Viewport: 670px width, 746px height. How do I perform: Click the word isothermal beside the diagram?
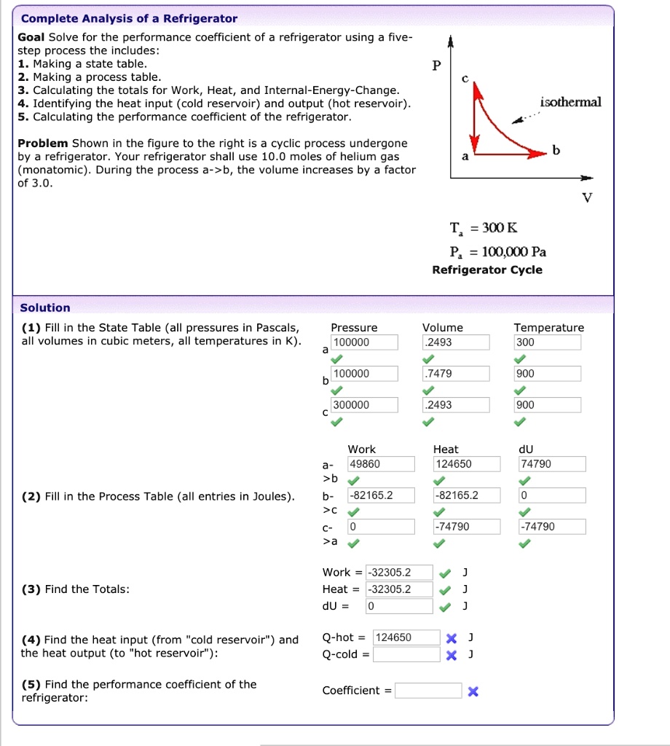[x=571, y=102]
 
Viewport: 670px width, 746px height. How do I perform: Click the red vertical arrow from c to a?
[x=475, y=117]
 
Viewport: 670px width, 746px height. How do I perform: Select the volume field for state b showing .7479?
[x=456, y=374]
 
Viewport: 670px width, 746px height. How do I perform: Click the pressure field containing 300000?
[x=364, y=405]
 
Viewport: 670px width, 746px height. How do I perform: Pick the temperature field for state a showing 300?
[x=547, y=342]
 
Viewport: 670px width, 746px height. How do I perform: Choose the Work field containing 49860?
[x=380, y=464]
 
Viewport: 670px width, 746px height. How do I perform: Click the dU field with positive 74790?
[x=551, y=464]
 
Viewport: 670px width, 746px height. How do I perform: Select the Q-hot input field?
[x=406, y=637]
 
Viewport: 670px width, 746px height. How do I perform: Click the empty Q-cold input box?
[x=406, y=654]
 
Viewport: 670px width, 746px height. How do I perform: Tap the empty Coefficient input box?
[x=428, y=691]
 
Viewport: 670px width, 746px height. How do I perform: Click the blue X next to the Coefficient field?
[x=473, y=691]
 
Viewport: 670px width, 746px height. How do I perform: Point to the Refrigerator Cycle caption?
[x=487, y=270]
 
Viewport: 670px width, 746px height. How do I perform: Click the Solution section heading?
[x=45, y=307]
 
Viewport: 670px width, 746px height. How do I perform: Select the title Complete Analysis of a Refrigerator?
[x=129, y=18]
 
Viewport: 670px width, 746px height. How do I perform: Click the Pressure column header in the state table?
[x=354, y=328]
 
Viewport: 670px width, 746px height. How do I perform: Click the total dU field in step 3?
[x=398, y=606]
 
